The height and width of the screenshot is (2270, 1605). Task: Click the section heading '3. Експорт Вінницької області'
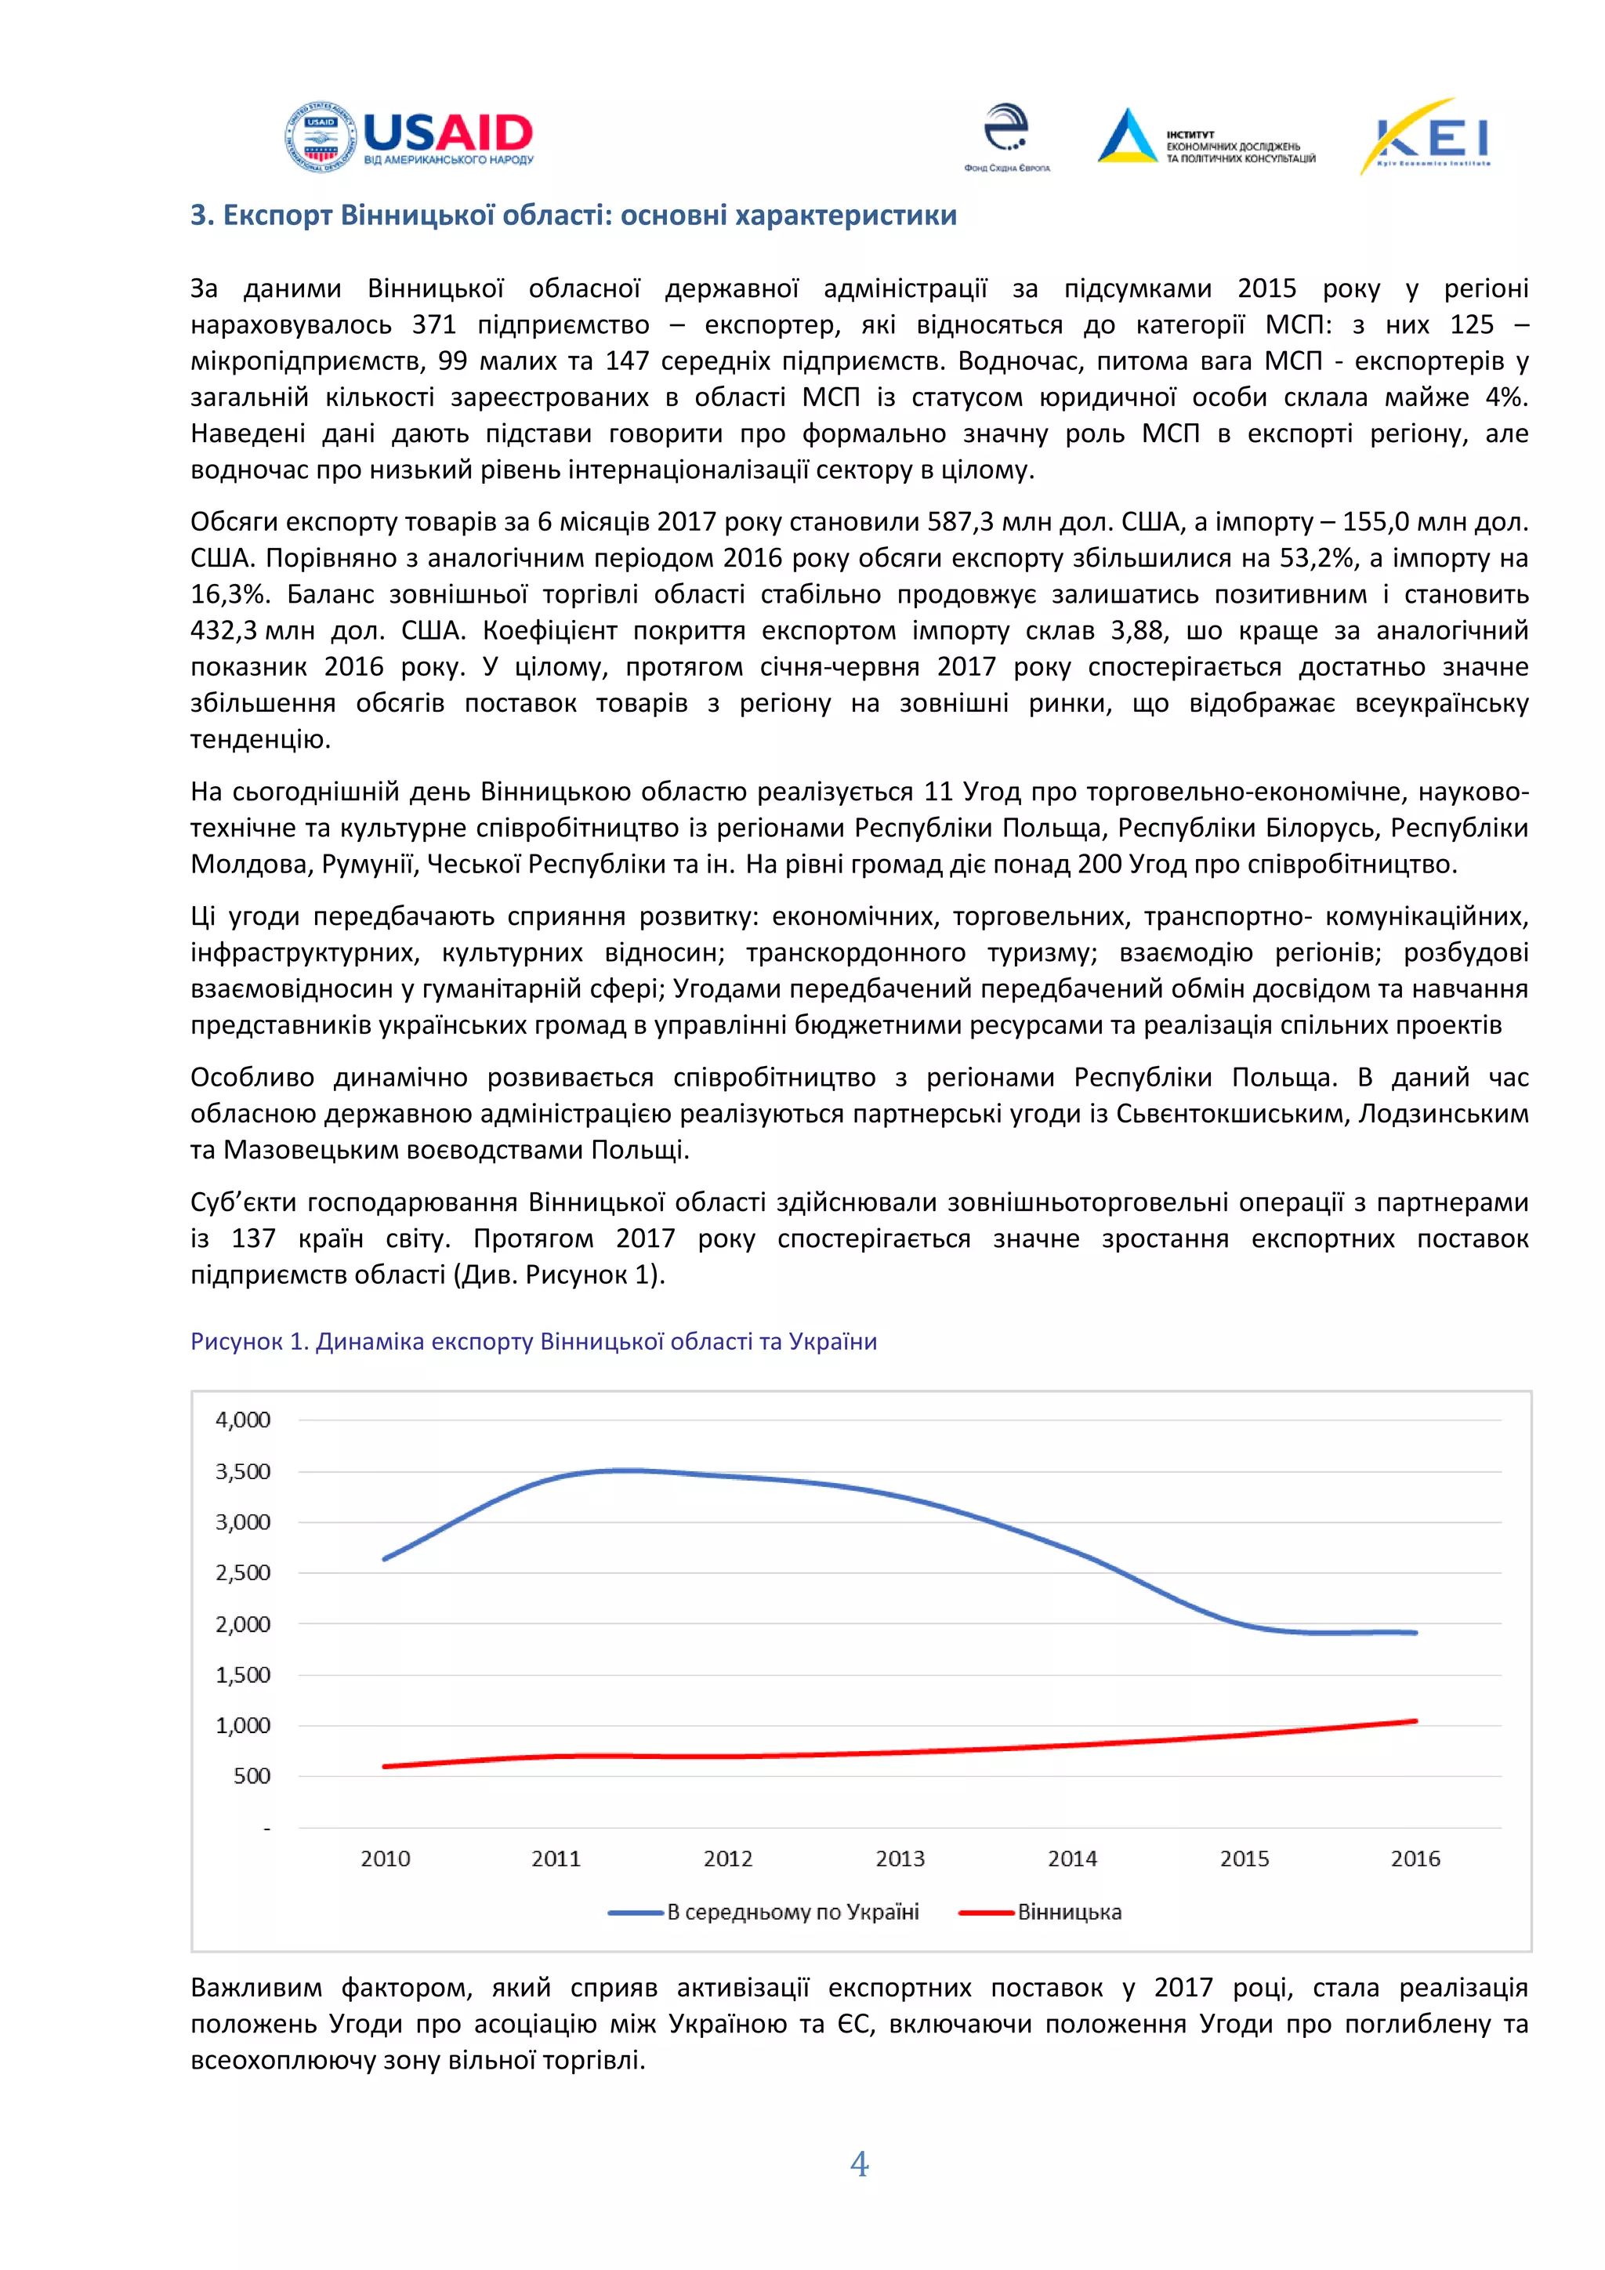coord(573,216)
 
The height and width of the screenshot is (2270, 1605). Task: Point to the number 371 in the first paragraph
coord(434,325)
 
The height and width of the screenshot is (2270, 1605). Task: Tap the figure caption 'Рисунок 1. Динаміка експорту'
coord(534,1342)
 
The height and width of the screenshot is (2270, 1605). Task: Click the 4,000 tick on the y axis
coord(243,1420)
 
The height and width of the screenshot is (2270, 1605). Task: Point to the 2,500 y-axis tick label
coord(243,1573)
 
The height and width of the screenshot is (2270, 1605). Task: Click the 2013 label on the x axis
coord(900,1858)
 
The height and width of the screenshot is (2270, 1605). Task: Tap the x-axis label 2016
coord(1415,1858)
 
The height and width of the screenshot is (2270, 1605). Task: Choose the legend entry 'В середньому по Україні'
coord(792,1912)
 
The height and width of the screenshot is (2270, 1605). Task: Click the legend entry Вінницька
coord(1069,1912)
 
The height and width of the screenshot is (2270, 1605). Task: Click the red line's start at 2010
coord(386,1766)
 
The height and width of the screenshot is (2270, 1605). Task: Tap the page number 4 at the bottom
coord(859,2164)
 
